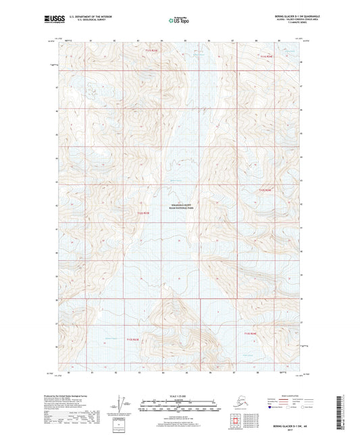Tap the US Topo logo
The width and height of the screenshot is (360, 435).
178,22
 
